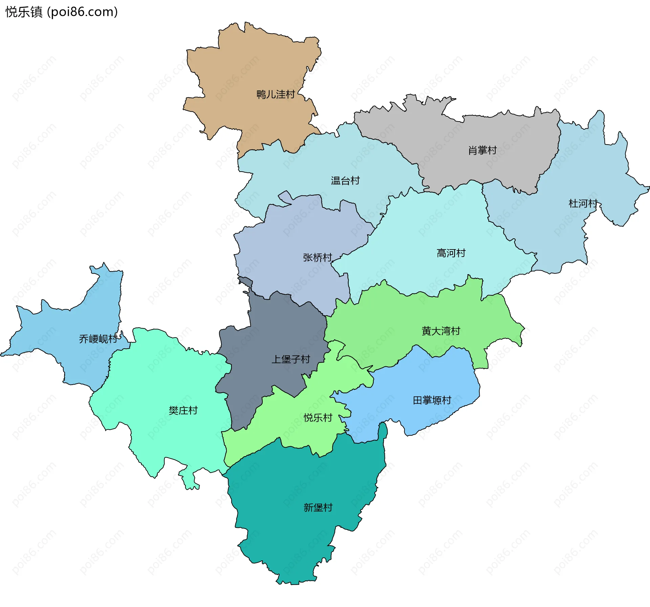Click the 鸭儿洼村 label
276,94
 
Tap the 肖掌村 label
482,150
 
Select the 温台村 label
345,181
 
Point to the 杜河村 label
583,203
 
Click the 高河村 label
451,253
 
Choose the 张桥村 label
317,258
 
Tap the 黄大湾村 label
441,331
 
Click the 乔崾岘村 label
98,339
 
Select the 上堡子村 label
291,360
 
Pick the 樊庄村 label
183,411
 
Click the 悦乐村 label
318,418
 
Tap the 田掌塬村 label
432,400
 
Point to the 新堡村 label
318,507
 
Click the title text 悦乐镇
24,12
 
